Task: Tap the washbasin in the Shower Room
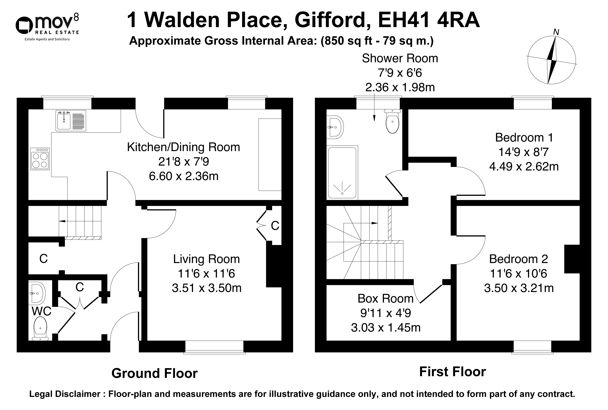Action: [335, 127]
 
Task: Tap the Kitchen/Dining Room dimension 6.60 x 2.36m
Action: [184, 176]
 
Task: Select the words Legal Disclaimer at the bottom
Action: [65, 394]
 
